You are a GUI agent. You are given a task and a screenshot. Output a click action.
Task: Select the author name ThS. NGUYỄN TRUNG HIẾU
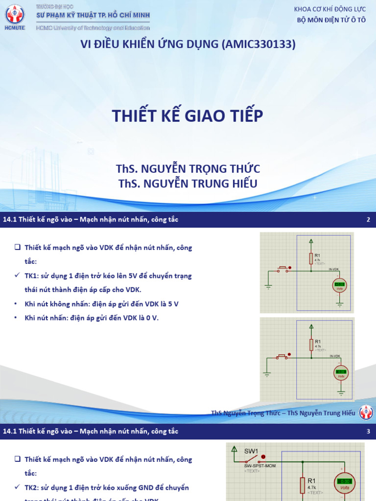pos(188,183)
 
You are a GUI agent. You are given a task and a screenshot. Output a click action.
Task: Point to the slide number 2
pos(368,220)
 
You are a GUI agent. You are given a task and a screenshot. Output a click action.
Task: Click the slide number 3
pos(368,431)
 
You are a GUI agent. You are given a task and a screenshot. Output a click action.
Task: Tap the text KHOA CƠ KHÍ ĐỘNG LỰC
pos(329,9)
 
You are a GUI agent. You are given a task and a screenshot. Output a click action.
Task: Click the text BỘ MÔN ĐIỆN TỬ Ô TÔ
pos(331,20)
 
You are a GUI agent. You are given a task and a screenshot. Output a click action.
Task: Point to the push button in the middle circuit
pos(283,357)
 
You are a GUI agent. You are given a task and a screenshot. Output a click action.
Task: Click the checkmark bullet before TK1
pos(17,276)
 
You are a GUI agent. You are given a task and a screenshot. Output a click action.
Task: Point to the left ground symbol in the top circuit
pos(269,288)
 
